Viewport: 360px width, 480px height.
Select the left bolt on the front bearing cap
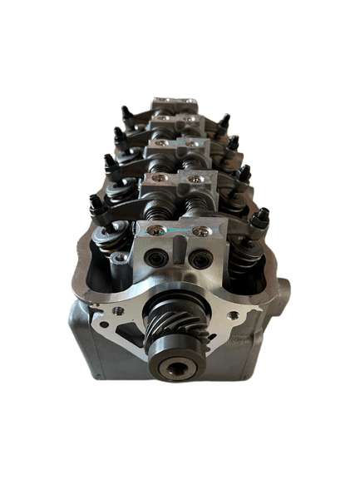(156, 230)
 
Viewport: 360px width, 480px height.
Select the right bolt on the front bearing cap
(200, 230)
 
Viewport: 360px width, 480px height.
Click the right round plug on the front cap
(202, 260)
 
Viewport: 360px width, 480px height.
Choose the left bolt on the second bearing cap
(160, 180)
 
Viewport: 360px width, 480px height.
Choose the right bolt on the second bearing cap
(195, 179)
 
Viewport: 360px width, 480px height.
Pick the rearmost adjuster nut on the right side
(223, 121)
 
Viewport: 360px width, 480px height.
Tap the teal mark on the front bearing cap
(178, 227)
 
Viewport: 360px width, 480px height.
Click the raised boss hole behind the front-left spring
(122, 262)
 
